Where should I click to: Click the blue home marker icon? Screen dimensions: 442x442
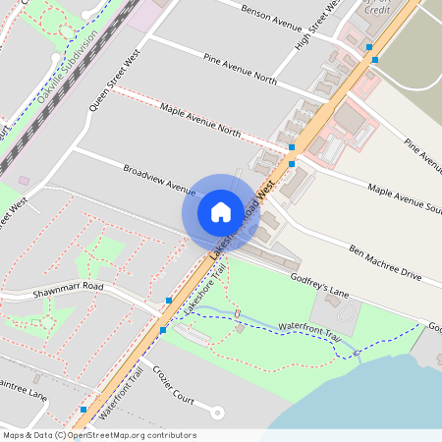pos(221,211)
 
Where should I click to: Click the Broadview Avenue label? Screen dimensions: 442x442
pos(160,178)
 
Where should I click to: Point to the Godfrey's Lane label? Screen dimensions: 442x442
pos(319,285)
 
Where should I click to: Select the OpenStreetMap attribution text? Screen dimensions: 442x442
pos(99,435)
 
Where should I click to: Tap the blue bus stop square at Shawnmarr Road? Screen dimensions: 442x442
pos(169,300)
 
